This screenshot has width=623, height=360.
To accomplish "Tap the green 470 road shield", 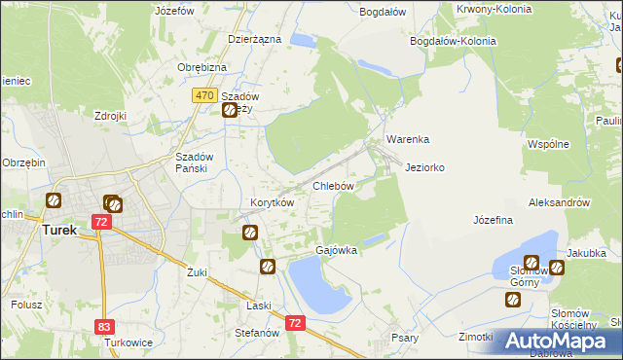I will pos(203,95).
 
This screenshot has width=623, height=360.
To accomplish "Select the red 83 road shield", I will pos(104,327).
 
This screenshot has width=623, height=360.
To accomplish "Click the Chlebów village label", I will pos(332,185).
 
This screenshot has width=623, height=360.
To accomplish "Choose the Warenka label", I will pos(407,139).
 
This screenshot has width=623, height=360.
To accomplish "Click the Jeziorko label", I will pos(424,167).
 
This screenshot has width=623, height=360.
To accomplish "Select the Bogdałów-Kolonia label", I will pos(454,42).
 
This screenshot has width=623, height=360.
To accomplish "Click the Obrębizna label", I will pos(202,66).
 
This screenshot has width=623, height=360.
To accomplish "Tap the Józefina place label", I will pos(493,221).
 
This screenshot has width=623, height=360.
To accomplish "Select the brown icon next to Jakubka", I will pos(557,267).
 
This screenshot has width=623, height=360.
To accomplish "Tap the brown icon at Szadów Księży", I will pos(230,111).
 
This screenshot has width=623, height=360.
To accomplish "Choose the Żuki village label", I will pos(198,272).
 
